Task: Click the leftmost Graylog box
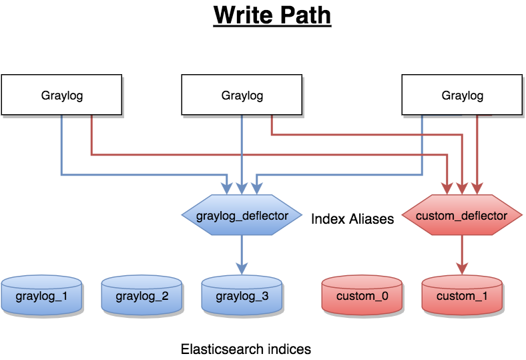(61, 95)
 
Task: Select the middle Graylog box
(242, 95)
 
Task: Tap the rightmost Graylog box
(462, 95)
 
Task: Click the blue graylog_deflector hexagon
(242, 216)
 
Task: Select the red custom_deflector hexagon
(461, 216)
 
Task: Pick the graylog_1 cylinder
(41, 295)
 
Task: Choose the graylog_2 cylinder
(142, 295)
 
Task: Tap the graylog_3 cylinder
(242, 295)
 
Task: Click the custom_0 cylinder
(362, 295)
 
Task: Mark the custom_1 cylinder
(462, 295)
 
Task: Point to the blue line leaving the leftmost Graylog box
(61, 147)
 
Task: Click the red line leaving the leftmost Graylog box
(91, 137)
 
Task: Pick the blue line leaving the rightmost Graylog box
(422, 147)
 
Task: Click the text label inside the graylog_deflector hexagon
(242, 216)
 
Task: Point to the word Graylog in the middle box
(242, 96)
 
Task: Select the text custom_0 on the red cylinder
(362, 296)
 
